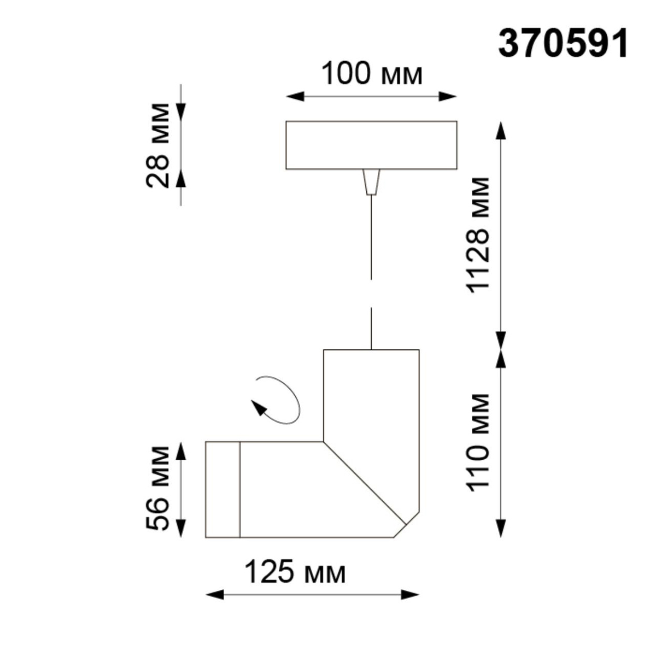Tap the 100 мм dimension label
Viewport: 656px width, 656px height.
(x=372, y=74)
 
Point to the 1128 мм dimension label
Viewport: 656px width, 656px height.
(x=477, y=235)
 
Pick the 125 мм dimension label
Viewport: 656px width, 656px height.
(x=295, y=572)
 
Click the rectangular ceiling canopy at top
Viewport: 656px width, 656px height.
(x=371, y=145)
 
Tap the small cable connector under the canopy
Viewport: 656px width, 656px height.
(x=371, y=181)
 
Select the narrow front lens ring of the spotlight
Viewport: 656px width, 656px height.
(x=222, y=489)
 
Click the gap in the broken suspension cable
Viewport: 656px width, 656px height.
(x=371, y=294)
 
